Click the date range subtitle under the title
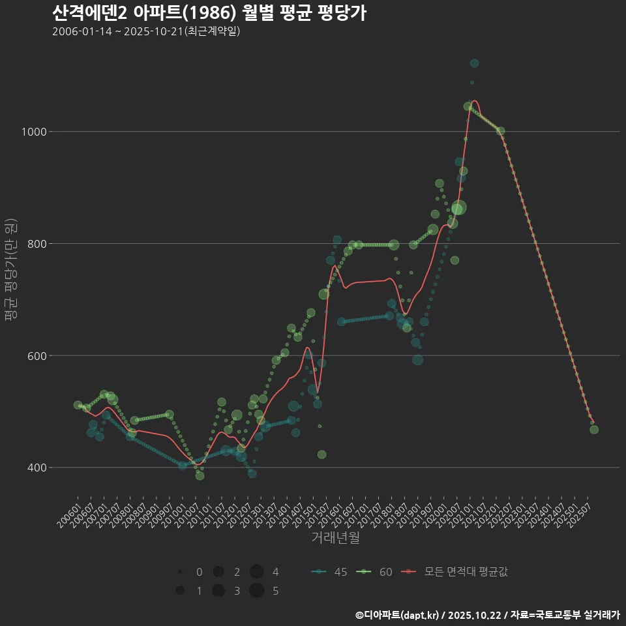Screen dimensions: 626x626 coord(146,31)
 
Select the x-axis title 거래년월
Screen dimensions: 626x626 coord(335,537)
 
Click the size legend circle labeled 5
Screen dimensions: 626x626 coord(256,591)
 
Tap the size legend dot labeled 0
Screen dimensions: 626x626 coord(179,572)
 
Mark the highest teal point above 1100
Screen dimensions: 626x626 coord(474,63)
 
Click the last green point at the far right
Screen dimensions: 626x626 coord(594,429)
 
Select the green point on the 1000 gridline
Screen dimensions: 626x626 coord(500,131)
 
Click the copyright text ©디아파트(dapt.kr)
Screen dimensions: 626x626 coord(398,615)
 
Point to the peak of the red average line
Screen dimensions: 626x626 coord(475,101)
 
